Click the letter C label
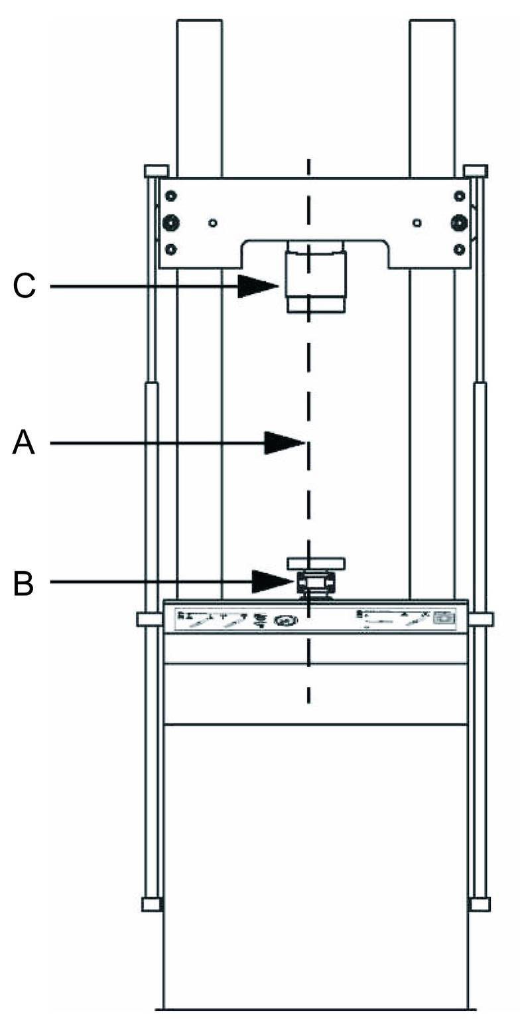(x=24, y=287)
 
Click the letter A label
(x=23, y=443)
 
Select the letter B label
(x=23, y=583)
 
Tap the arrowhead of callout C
(x=259, y=287)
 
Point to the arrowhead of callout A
(x=284, y=443)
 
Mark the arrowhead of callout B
(x=273, y=582)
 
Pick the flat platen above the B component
(x=316, y=563)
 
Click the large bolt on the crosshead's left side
(x=171, y=223)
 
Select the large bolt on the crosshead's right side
(x=458, y=223)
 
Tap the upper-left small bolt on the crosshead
(x=171, y=196)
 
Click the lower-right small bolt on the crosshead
(x=458, y=249)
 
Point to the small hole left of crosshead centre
(x=212, y=223)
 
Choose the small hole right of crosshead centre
(x=417, y=223)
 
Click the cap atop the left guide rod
(x=155, y=171)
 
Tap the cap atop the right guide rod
(x=475, y=171)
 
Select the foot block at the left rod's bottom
(x=152, y=904)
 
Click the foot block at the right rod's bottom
(x=479, y=904)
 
